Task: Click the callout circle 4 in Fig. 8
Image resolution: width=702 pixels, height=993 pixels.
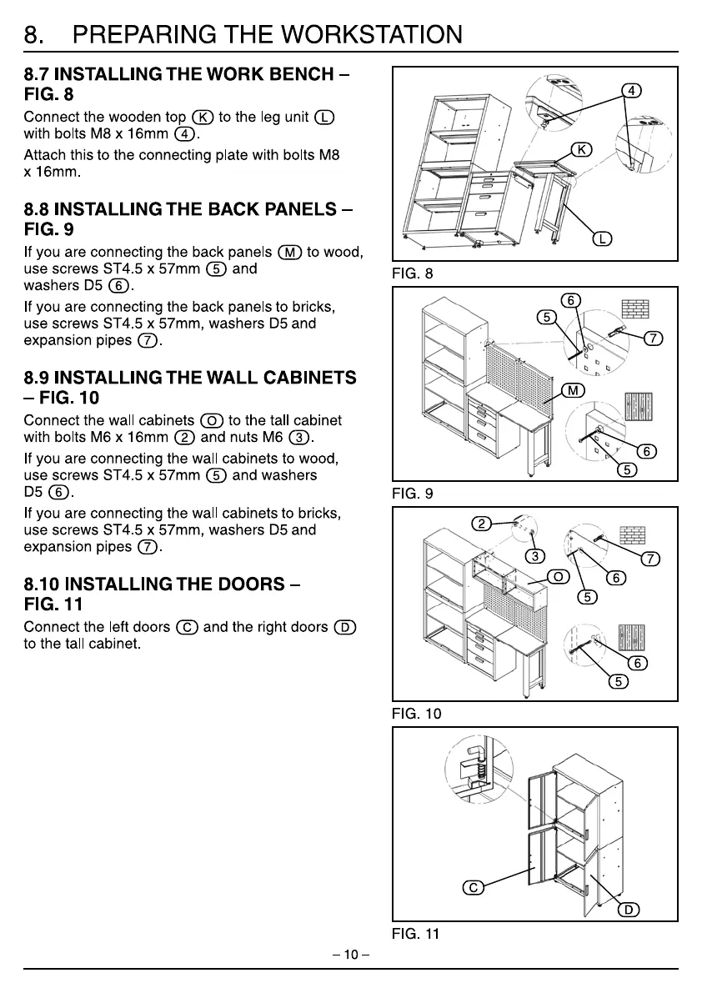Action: coord(632,90)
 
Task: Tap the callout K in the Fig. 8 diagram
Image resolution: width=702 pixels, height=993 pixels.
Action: coord(580,149)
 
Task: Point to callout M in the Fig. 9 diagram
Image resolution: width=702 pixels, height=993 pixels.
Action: coord(573,391)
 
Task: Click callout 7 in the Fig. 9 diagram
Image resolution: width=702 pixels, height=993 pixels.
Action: coord(654,338)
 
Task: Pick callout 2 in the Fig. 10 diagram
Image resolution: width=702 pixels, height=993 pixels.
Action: coord(481,524)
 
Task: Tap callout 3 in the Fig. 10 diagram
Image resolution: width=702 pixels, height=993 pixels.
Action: coord(530,557)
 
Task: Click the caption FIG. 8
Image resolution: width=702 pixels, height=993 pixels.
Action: coord(413,273)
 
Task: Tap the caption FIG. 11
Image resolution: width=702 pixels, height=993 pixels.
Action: coord(415,934)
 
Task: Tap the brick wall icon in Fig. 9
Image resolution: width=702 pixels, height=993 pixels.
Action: coord(635,310)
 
